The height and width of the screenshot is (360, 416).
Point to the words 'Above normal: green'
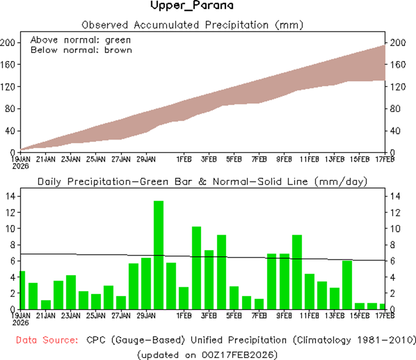(x=81, y=40)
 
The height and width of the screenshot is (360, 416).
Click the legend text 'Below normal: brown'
(x=81, y=50)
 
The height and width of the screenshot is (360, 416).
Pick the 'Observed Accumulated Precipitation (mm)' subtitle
(x=192, y=25)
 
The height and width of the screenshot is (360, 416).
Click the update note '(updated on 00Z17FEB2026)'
(x=208, y=355)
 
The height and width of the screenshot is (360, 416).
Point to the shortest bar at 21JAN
(x=46, y=304)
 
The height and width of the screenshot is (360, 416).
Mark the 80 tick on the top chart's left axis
(x=10, y=109)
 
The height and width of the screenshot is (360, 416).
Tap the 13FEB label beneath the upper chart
(x=334, y=158)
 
